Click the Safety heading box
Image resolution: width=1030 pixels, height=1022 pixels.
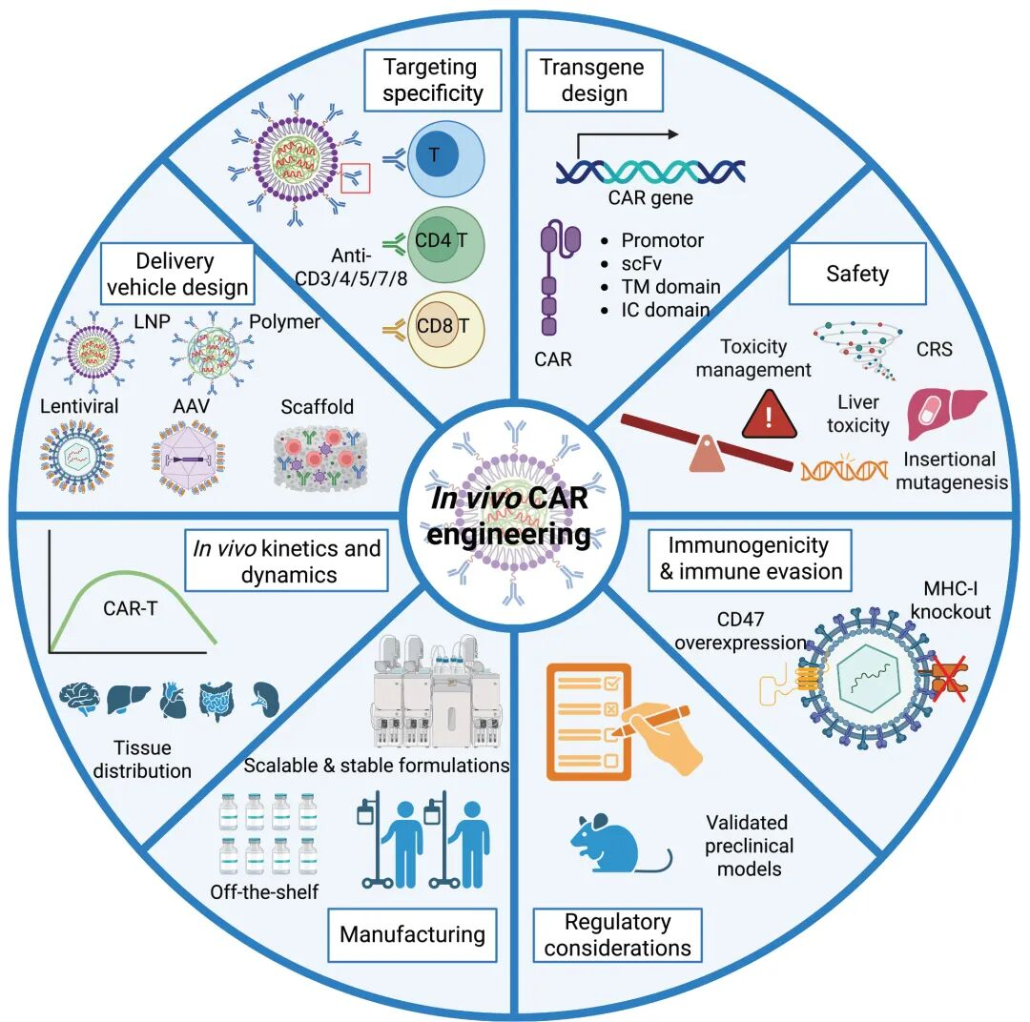(856, 275)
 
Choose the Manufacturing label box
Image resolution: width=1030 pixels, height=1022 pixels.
(412, 934)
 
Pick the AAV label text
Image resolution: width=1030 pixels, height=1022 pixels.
(190, 406)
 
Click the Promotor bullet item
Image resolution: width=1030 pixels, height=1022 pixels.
(662, 240)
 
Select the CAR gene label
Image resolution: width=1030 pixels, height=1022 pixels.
(649, 198)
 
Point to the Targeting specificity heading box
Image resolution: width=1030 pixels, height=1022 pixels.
(433, 80)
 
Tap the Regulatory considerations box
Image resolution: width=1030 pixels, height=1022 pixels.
(617, 935)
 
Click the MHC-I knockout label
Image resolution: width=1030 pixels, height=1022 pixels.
(956, 601)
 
